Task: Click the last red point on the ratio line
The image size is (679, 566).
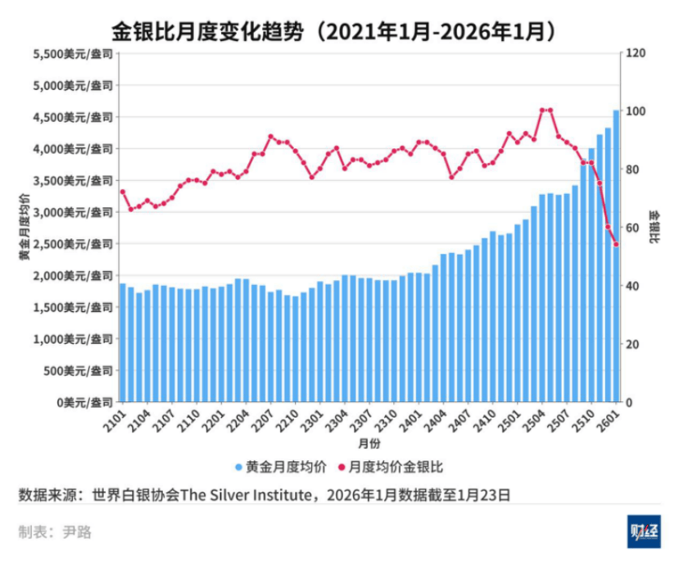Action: point(616,244)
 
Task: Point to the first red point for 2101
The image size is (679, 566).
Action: point(123,192)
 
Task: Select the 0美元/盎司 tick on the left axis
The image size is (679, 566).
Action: point(83,403)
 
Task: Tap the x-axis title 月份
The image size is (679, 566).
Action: point(369,443)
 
